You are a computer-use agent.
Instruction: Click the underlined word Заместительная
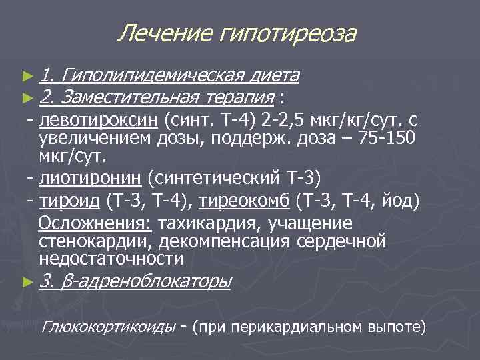[x=129, y=98]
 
